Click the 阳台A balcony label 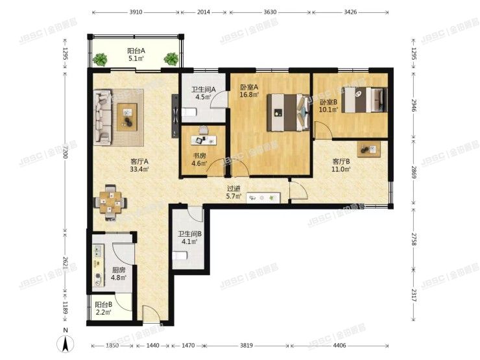(x=136, y=54)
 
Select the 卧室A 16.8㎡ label (x=249, y=91)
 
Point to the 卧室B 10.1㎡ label (x=329, y=106)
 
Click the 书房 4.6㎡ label (x=198, y=160)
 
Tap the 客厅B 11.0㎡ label (x=341, y=165)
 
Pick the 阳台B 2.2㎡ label (x=103, y=308)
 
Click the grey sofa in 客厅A (x=103, y=117)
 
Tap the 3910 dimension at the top (x=136, y=12)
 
